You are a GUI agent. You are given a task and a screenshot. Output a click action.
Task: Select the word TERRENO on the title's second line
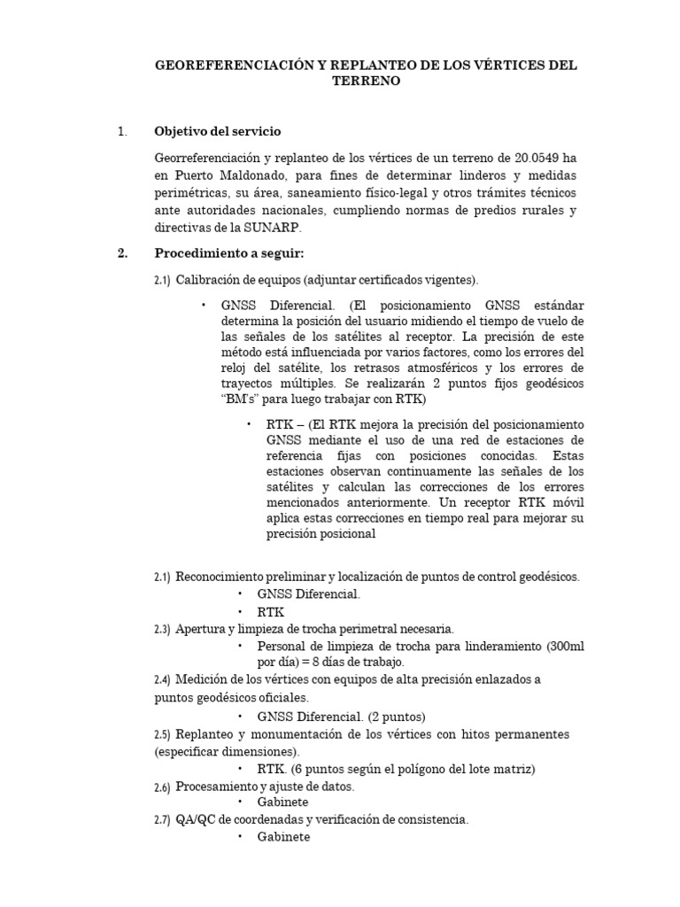coord(367,81)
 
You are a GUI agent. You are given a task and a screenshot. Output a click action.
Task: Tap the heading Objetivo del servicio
coord(217,131)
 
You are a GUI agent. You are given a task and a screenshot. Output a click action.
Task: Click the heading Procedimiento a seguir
coord(228,253)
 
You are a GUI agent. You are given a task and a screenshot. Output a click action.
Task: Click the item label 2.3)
coord(162,630)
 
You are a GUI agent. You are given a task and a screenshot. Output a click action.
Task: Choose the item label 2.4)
coord(162,680)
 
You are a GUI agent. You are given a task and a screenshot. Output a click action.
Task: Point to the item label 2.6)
coord(162,787)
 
